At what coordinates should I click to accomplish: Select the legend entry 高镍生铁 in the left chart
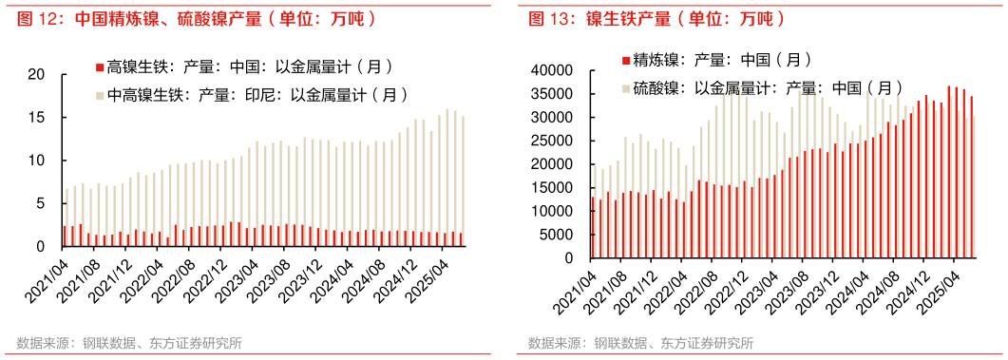click(x=248, y=66)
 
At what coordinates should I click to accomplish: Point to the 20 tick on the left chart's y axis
click(x=38, y=74)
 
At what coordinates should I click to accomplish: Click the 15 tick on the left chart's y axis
click(x=38, y=117)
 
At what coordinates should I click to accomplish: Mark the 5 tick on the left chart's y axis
click(x=42, y=203)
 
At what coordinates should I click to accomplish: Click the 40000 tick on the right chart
click(x=552, y=70)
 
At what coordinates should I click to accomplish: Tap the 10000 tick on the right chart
click(x=552, y=211)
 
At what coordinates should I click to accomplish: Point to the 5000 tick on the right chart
click(x=556, y=234)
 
